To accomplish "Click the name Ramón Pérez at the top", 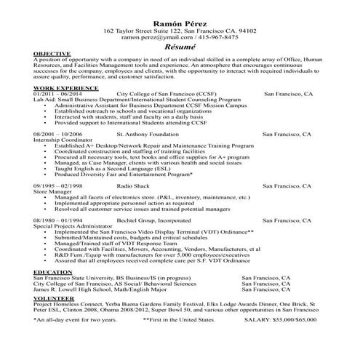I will [179, 23].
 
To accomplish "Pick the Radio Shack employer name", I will [133, 185].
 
